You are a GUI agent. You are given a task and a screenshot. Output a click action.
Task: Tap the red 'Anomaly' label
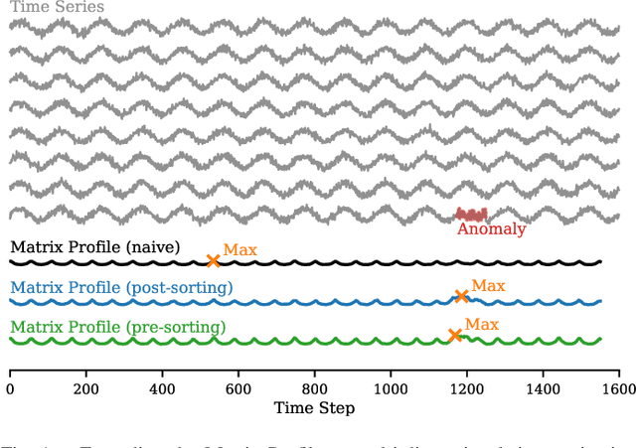[491, 229]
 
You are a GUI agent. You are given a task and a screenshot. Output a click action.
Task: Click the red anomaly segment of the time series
[471, 215]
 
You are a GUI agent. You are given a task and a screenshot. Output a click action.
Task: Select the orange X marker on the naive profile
[213, 261]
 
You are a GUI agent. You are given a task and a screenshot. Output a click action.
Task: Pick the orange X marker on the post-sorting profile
[461, 296]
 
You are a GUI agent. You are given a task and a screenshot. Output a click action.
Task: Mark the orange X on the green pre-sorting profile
[455, 336]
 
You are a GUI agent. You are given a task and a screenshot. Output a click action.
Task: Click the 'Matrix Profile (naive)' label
[95, 247]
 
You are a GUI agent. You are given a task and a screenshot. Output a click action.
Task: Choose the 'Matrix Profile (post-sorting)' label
[121, 288]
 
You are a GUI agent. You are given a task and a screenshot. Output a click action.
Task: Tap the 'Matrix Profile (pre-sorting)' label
[117, 327]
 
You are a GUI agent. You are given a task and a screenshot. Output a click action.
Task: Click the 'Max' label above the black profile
[239, 250]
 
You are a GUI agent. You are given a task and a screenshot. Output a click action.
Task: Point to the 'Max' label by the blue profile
[488, 286]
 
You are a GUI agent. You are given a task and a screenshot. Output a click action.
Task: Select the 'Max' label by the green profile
[482, 324]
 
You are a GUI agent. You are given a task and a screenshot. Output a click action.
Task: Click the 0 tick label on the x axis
[10, 389]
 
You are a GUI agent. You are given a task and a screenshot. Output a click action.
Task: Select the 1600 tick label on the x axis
[618, 389]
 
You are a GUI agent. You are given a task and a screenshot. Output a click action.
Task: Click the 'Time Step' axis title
[314, 408]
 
